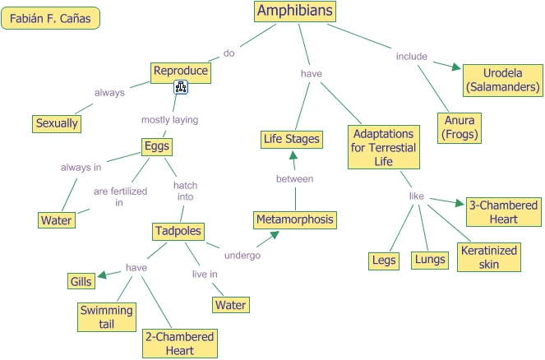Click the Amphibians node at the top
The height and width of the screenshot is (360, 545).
296,11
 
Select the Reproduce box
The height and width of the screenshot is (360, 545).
181,72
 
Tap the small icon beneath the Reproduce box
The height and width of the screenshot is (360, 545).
182,87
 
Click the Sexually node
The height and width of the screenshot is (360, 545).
57,123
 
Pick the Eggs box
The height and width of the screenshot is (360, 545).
156,147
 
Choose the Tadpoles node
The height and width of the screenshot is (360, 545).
178,232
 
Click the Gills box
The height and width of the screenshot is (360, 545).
80,281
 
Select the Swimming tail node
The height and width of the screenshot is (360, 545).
106,316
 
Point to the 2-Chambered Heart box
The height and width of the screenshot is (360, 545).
179,344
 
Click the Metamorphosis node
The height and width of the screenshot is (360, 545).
295,219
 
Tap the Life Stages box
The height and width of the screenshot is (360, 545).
291,139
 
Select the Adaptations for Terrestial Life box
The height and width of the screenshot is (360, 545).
383,147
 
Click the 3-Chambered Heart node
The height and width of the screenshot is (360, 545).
502,212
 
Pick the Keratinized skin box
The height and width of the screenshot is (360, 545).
489,256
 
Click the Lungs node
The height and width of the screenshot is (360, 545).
429,260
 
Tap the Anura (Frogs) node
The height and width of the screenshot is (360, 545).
460,126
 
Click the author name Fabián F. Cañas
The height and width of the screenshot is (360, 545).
51,18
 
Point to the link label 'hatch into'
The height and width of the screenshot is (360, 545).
184,192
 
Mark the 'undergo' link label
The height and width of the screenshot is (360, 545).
243,256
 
